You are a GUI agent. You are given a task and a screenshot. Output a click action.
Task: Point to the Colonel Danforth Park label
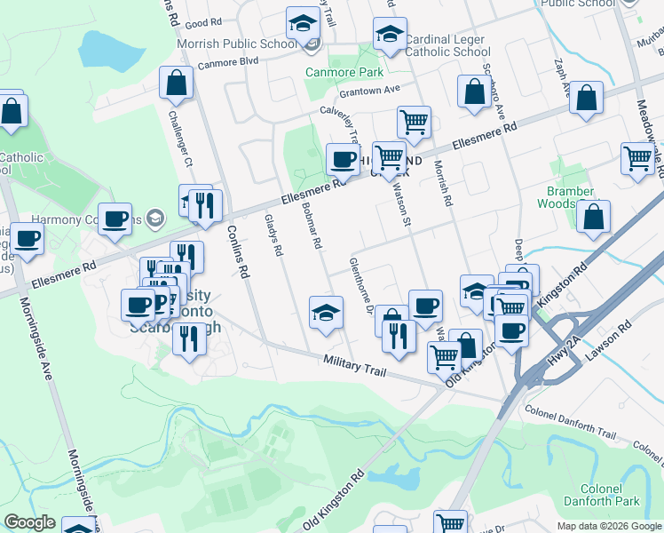tap(609, 495)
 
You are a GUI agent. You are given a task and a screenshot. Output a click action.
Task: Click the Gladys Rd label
tap(273, 236)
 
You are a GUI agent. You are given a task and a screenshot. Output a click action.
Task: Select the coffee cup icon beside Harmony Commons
tap(115, 219)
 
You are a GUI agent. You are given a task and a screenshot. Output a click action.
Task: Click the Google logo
tap(30, 522)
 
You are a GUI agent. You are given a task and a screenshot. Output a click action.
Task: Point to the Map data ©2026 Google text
tap(608, 526)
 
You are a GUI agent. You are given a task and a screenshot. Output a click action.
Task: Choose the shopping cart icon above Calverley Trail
tap(414, 121)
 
